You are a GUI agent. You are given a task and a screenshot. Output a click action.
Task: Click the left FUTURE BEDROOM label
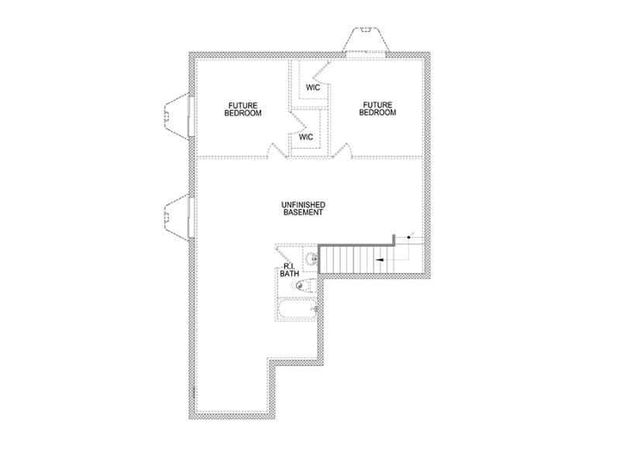pos(243,108)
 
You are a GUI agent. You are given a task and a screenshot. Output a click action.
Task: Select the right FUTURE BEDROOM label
pos(377,108)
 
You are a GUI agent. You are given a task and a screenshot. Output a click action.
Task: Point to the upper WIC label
pos(312,88)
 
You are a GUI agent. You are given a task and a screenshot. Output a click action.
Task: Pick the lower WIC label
pos(306,137)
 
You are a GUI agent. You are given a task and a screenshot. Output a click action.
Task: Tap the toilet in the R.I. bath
pos(302,285)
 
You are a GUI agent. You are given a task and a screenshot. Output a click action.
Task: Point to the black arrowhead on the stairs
pos(380,260)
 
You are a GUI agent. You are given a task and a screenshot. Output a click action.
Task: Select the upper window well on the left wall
pos(176,115)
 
